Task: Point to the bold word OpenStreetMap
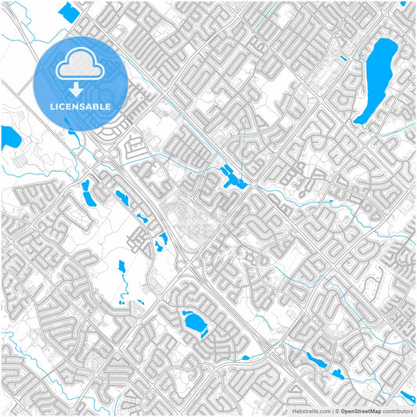pos(361,410)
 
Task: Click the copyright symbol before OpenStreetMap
pos(336,410)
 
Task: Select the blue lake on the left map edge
pos(10,138)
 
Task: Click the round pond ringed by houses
pos(192,321)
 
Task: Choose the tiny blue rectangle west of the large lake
pos(343,58)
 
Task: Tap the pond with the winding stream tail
pos(322,362)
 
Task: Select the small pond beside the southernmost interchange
pos(246,358)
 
